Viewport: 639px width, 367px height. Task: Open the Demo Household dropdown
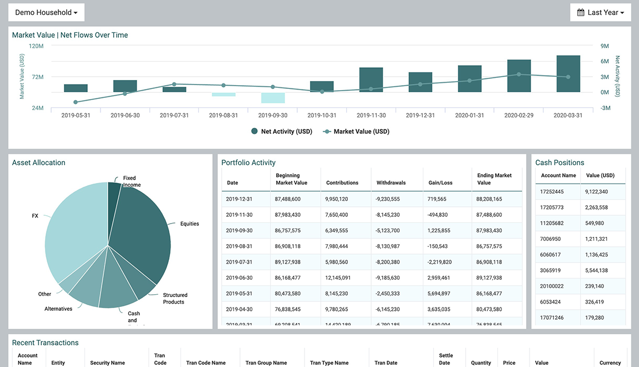pyautogui.click(x=46, y=12)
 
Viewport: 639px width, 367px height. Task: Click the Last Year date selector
pyautogui.click(x=600, y=12)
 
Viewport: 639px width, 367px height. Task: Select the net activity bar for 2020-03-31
pyautogui.click(x=568, y=73)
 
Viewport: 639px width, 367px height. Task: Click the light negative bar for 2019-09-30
pyautogui.click(x=273, y=98)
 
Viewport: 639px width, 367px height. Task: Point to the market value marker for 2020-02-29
pyautogui.click(x=519, y=74)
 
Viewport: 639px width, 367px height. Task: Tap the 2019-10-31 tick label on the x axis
pyautogui.click(x=322, y=116)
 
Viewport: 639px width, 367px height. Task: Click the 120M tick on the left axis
pyautogui.click(x=36, y=46)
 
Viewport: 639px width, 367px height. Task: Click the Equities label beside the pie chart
pyautogui.click(x=189, y=224)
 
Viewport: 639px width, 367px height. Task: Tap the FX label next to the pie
pyautogui.click(x=35, y=215)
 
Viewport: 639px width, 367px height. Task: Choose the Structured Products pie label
pyautogui.click(x=175, y=299)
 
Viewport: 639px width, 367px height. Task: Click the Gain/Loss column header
pyautogui.click(x=440, y=183)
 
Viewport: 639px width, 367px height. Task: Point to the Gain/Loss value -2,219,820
pyautogui.click(x=440, y=262)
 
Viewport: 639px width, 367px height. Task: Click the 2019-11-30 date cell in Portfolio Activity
pyautogui.click(x=239, y=215)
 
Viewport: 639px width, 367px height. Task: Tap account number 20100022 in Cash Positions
pyautogui.click(x=552, y=286)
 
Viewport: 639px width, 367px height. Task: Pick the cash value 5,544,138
pyautogui.click(x=596, y=271)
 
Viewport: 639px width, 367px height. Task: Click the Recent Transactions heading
pyautogui.click(x=46, y=343)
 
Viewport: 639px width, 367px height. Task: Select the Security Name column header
pyautogui.click(x=107, y=363)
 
